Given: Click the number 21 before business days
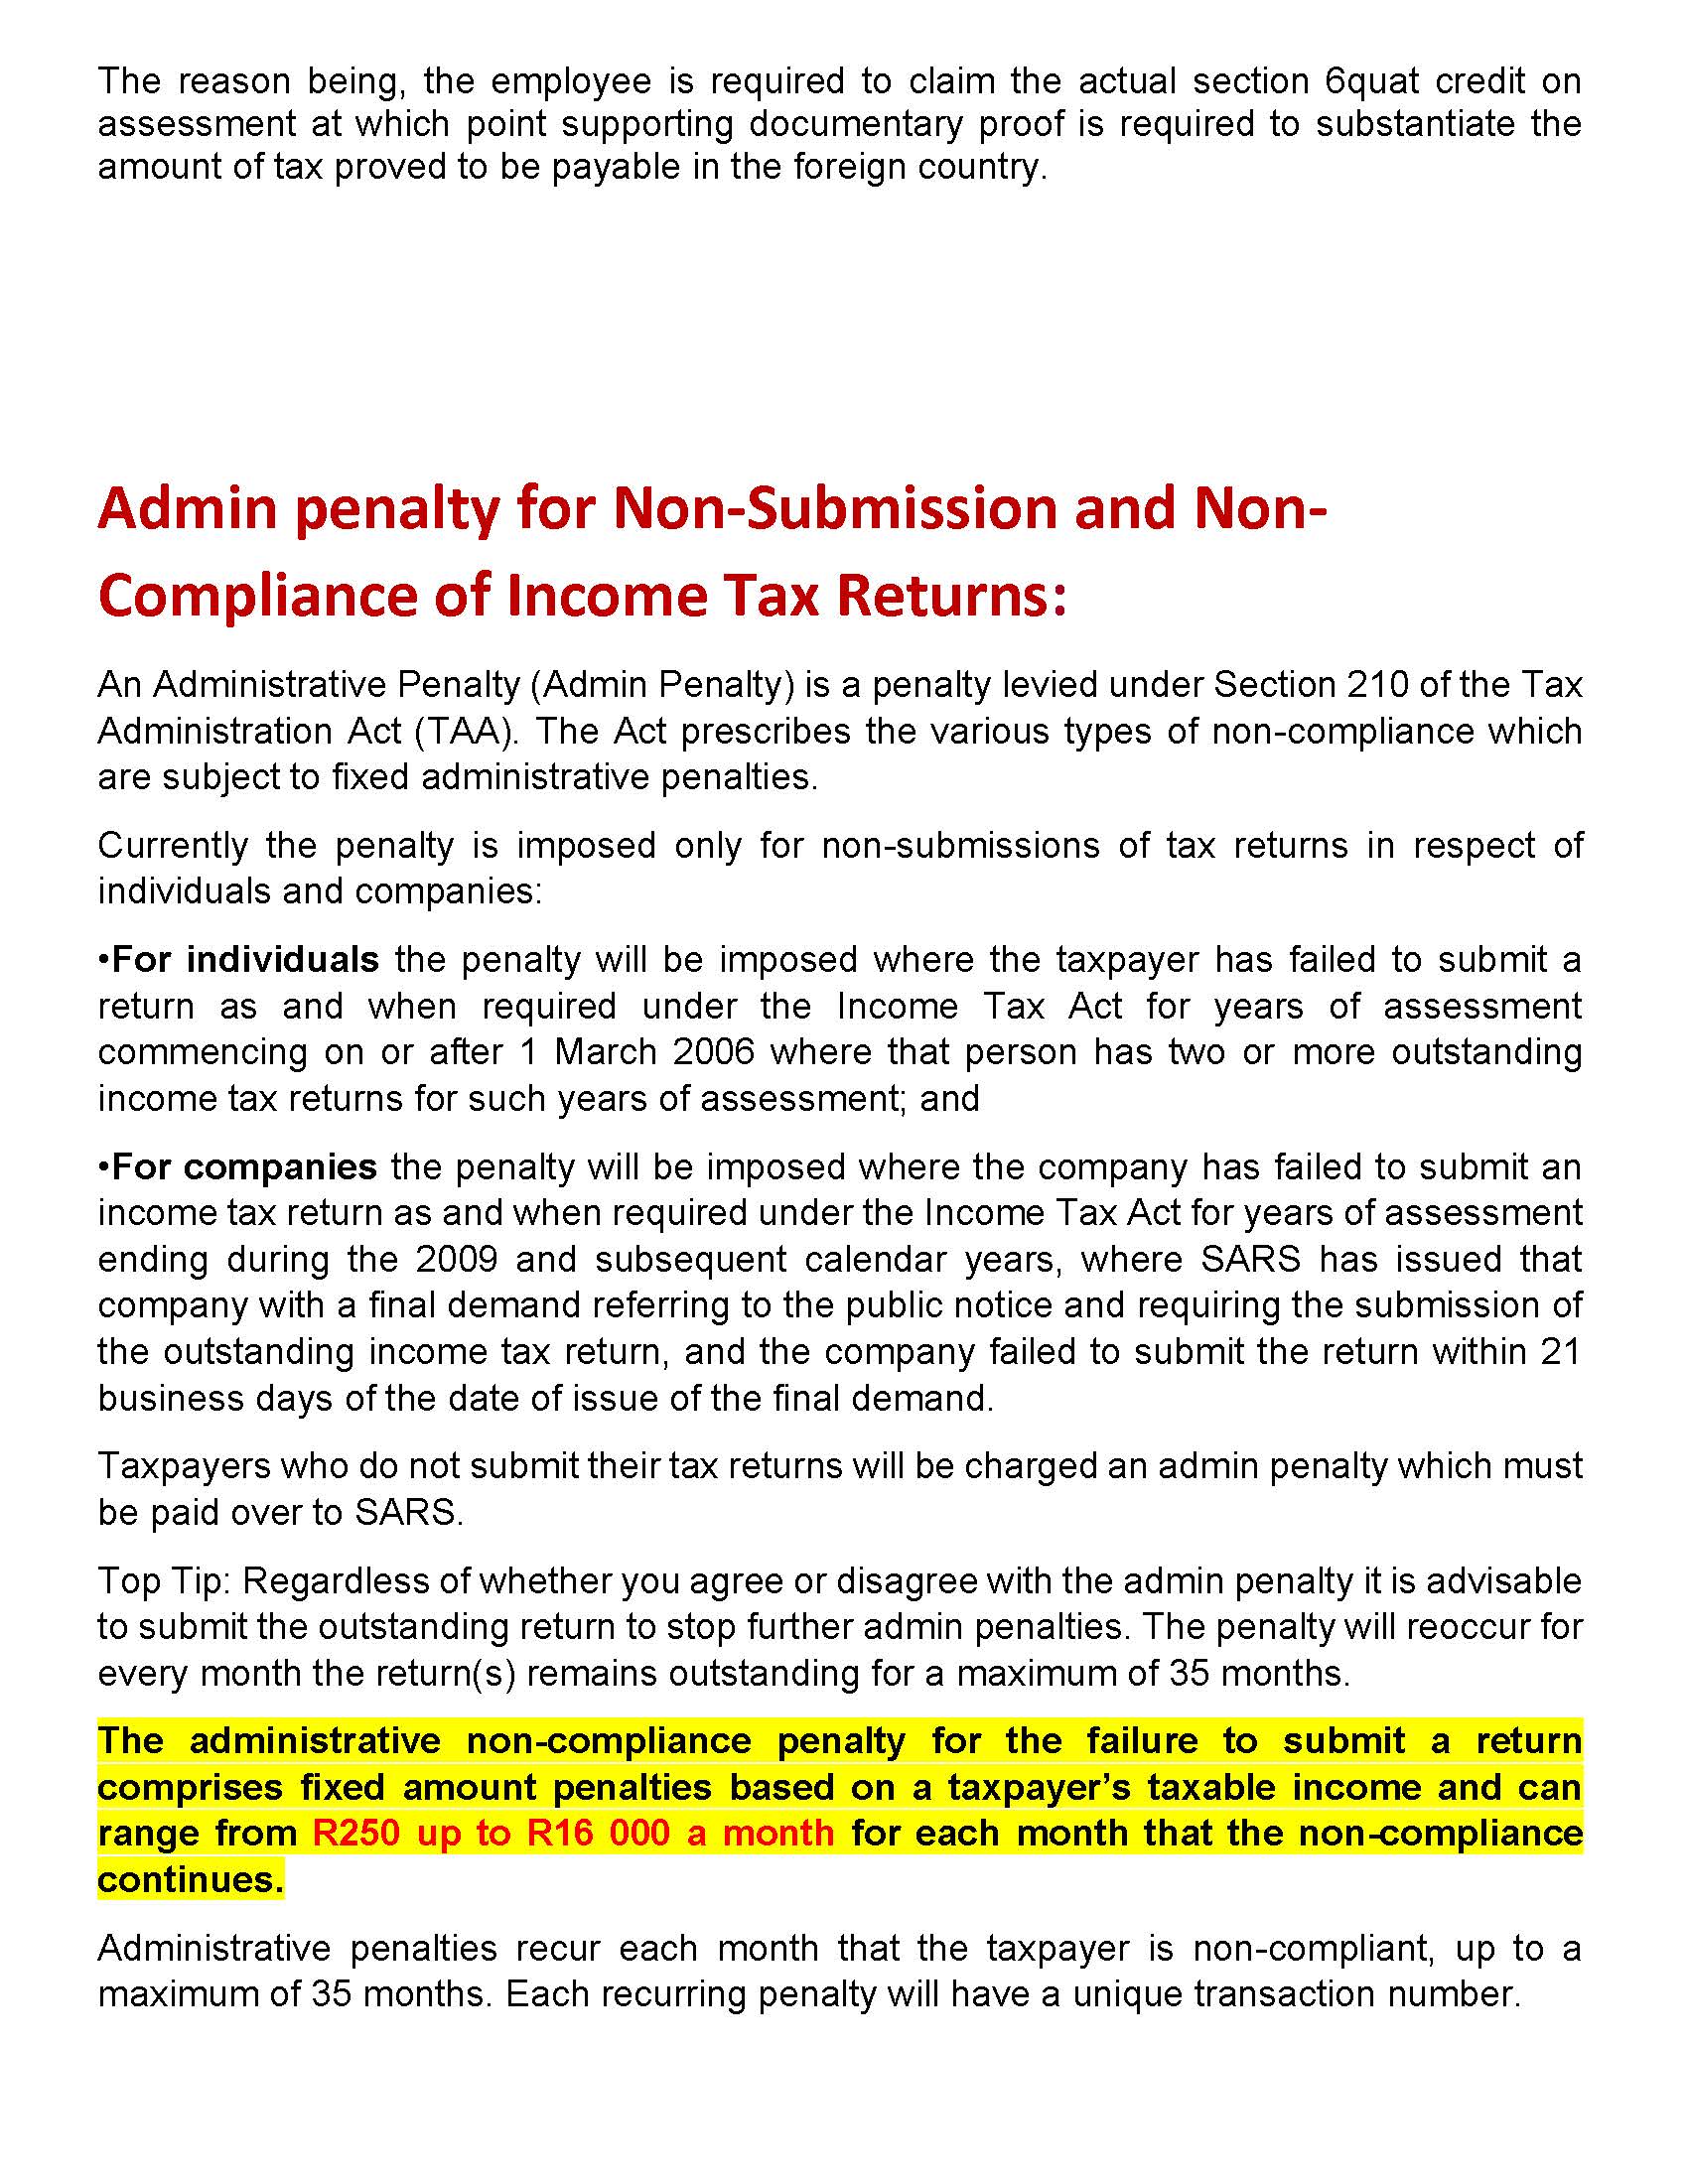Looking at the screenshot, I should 1560,1351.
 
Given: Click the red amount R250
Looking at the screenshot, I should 356,1833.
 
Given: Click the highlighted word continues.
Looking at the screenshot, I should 190,1879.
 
